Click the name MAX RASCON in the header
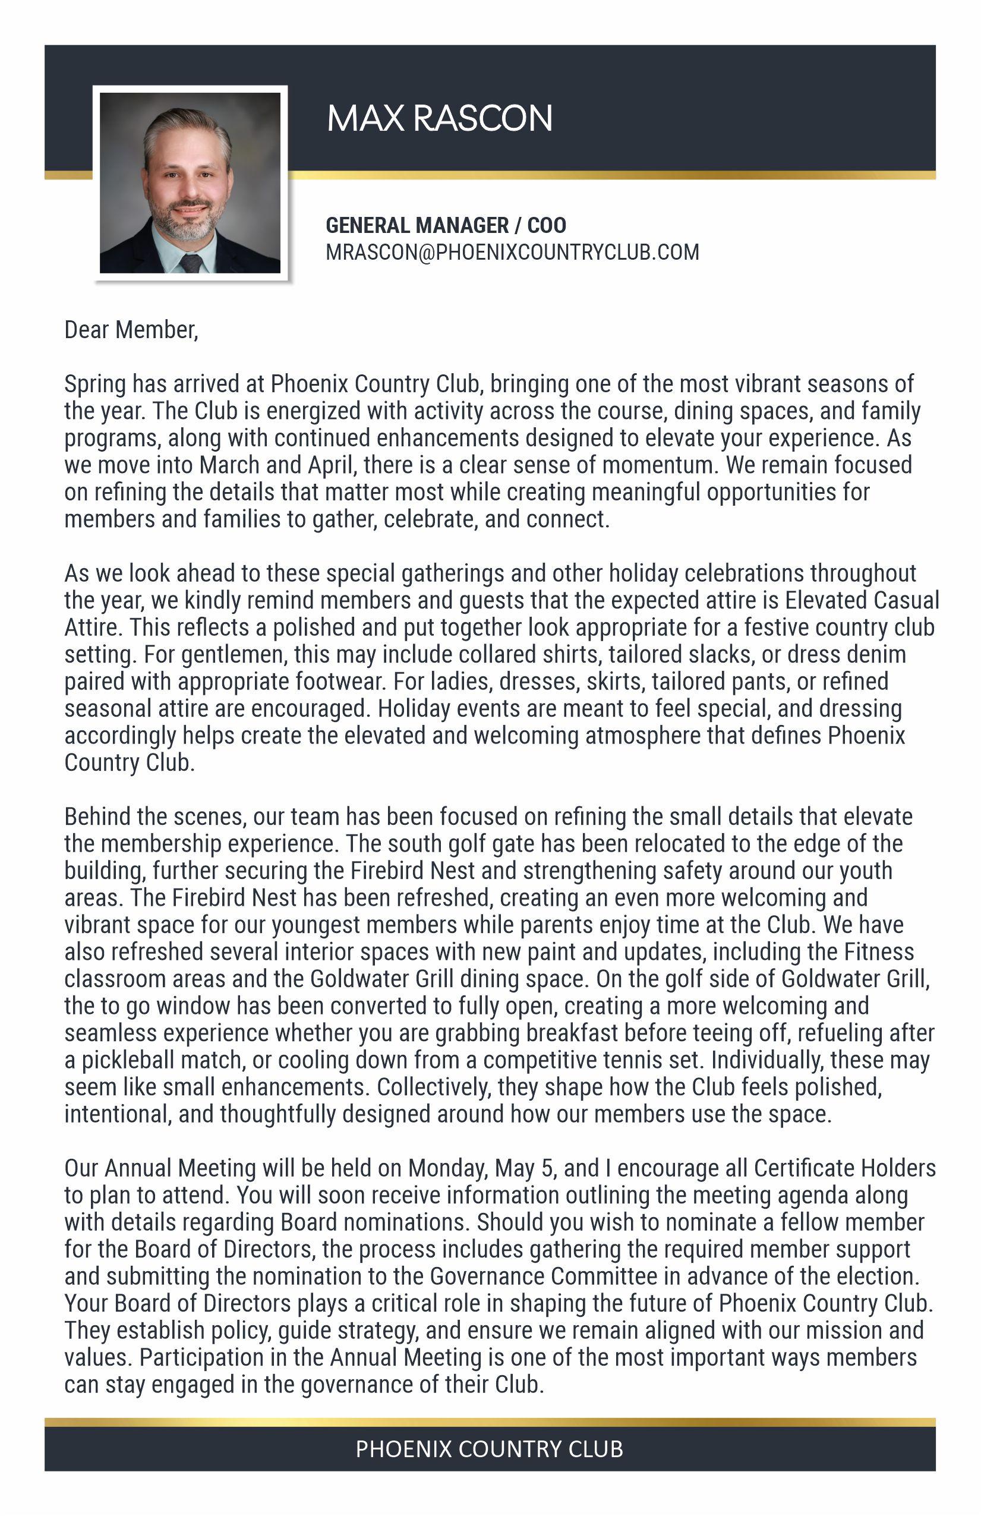(440, 118)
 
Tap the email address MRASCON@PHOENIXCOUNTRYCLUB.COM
(512, 252)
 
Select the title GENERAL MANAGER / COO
(446, 225)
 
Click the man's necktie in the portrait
(191, 263)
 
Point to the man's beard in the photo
(188, 223)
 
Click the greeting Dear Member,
(131, 330)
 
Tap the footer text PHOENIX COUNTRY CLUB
(489, 1449)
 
